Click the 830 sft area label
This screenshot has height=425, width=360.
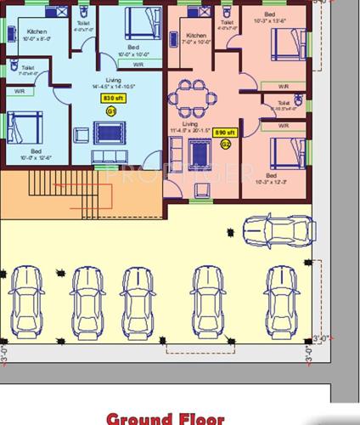[x=109, y=99]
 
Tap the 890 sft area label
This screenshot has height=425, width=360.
[x=224, y=133]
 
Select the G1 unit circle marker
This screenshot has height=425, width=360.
[x=109, y=109]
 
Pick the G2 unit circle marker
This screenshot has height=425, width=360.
[x=225, y=144]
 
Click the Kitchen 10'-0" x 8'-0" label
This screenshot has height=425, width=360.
[x=37, y=35]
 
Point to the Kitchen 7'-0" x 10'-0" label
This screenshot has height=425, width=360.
[x=195, y=38]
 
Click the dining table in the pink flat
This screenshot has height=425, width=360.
[x=192, y=98]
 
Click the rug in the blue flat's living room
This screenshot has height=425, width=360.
[x=108, y=133]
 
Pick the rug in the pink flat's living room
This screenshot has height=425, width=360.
[x=202, y=153]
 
